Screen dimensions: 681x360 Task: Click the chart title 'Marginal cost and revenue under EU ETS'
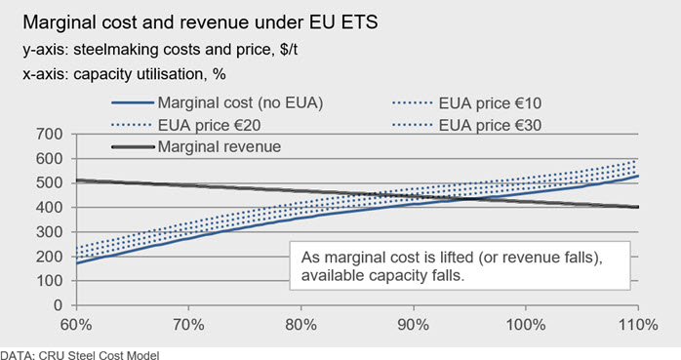click(200, 22)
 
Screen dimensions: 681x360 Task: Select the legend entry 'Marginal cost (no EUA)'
click(218, 102)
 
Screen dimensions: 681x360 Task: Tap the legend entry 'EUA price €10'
click(467, 103)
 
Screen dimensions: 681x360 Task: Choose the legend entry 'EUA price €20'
click(186, 125)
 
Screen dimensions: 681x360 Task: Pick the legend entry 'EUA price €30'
click(467, 125)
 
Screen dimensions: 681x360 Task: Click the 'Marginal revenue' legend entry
click(196, 146)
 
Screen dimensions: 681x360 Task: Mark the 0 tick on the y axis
click(58, 305)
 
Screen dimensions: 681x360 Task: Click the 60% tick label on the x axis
click(76, 325)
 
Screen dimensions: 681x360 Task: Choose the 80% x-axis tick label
click(300, 325)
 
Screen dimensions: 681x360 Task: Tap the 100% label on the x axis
click(526, 325)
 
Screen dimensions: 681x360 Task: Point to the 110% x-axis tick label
click(638, 325)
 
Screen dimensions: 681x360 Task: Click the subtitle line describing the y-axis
click(160, 50)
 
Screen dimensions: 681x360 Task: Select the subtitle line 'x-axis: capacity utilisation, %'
click(124, 74)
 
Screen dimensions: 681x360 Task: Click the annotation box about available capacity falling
click(460, 265)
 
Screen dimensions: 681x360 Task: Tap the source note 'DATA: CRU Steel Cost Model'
click(80, 355)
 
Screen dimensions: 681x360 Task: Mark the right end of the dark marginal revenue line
click(638, 207)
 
